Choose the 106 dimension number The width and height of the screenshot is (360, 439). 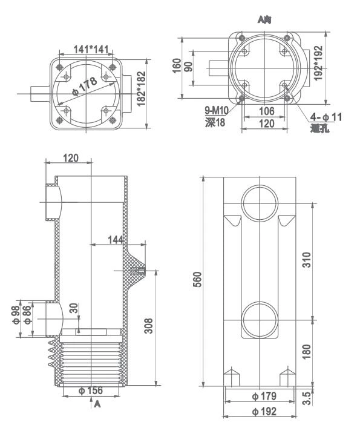point(266,111)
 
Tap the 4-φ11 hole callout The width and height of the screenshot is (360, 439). point(325,117)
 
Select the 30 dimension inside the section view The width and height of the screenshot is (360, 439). point(73,308)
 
